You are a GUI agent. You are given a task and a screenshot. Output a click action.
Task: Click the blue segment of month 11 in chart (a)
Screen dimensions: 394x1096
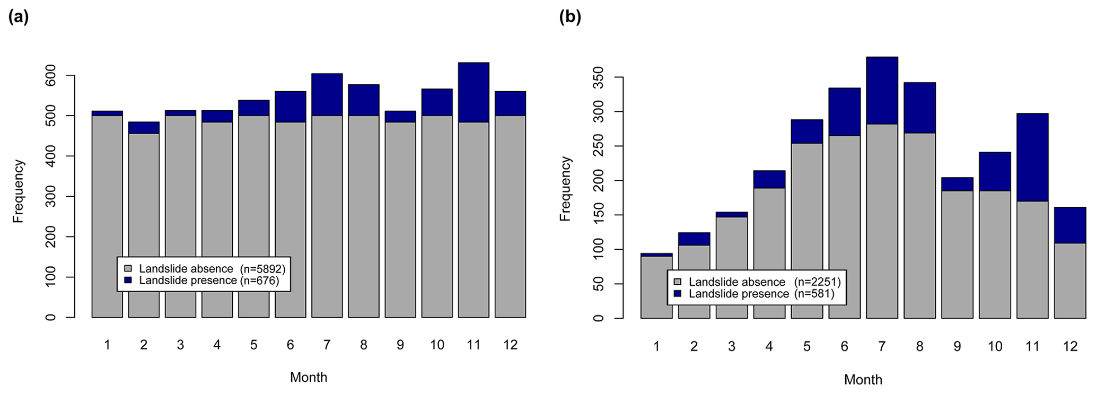click(x=474, y=92)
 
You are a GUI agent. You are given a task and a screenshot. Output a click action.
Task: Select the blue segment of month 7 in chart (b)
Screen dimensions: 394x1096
click(x=882, y=90)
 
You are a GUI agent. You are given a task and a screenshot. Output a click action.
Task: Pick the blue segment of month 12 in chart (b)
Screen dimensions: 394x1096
click(x=1070, y=225)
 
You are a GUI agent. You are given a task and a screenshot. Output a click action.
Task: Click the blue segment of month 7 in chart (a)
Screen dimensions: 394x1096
click(x=327, y=94)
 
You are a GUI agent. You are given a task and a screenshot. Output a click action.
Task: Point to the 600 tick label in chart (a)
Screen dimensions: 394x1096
click(x=50, y=76)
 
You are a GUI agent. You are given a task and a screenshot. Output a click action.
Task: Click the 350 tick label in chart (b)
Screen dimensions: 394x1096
click(x=598, y=77)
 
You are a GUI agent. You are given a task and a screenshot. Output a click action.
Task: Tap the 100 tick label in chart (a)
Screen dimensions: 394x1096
click(x=50, y=277)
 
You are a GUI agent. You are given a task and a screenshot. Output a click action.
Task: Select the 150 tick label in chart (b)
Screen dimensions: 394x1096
click(x=598, y=215)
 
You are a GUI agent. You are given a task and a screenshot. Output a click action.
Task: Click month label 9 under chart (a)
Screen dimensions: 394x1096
click(x=400, y=345)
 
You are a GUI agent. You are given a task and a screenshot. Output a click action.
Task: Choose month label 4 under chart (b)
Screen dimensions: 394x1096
click(x=769, y=347)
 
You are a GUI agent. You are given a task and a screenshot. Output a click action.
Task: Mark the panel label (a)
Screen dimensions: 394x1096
click(x=19, y=17)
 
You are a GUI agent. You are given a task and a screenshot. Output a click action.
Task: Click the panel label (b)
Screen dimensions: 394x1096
click(x=570, y=17)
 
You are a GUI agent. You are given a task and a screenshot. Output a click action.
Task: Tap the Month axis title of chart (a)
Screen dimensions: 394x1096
click(x=309, y=378)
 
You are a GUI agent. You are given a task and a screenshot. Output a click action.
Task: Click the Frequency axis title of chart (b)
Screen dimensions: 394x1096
click(x=565, y=189)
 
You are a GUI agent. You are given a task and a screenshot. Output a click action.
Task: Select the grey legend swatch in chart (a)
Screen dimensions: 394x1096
click(x=127, y=268)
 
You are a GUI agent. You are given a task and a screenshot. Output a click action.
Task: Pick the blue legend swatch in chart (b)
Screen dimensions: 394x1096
click(x=677, y=293)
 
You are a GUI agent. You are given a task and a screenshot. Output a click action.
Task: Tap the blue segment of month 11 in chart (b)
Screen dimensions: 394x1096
click(x=1032, y=157)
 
